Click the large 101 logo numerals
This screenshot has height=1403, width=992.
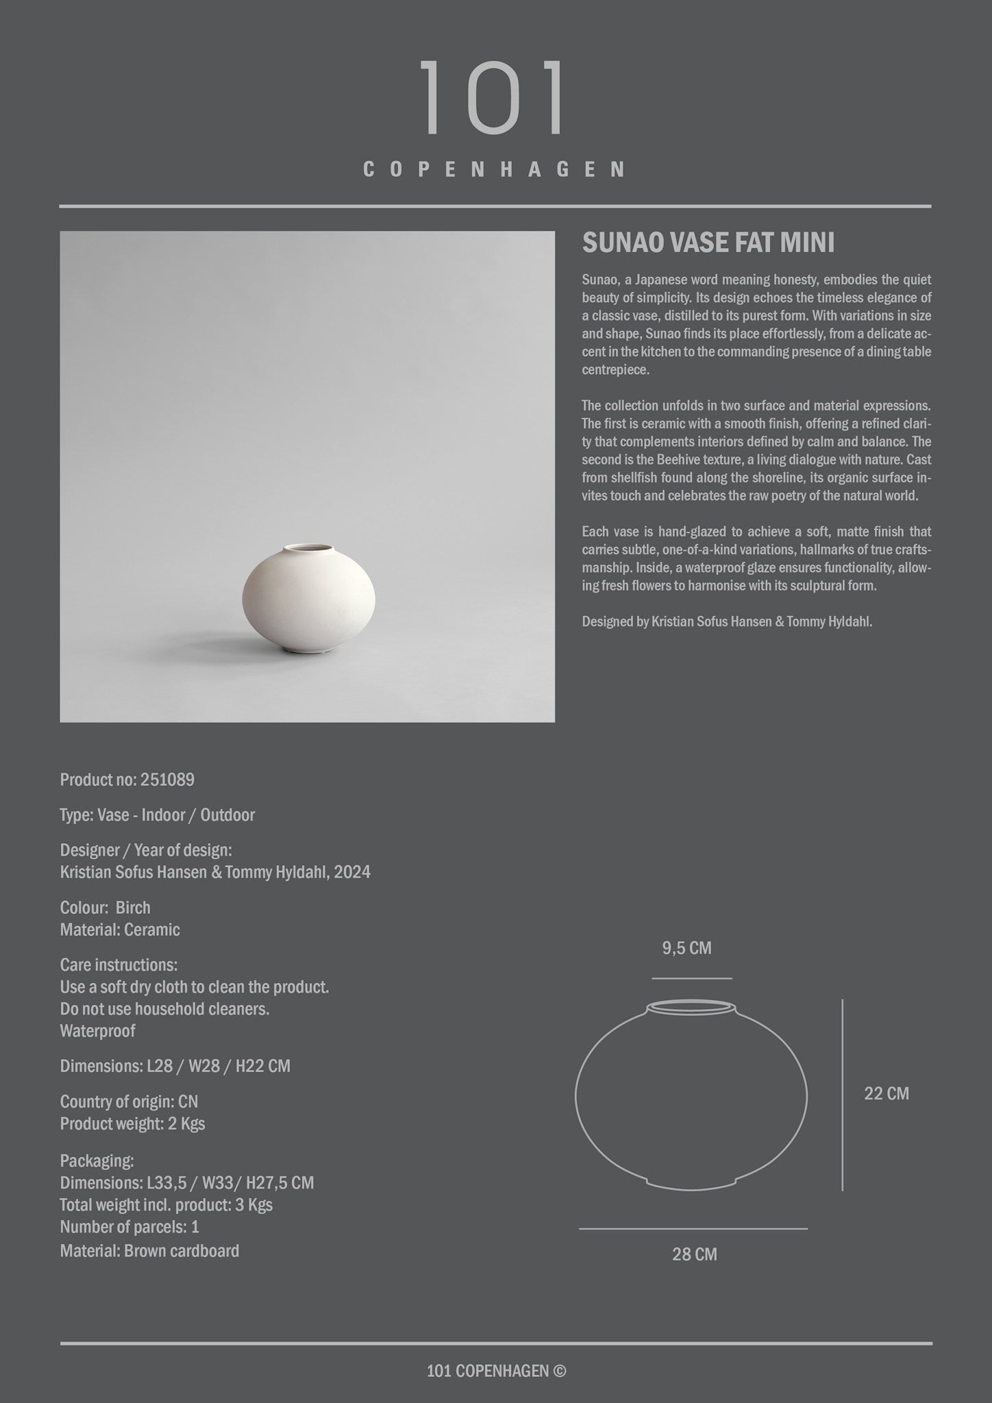pyautogui.click(x=491, y=98)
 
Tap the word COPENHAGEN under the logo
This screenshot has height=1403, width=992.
pyautogui.click(x=494, y=170)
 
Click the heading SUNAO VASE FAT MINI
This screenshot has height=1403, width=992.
pyautogui.click(x=708, y=243)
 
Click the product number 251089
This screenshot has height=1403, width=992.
pyautogui.click(x=167, y=780)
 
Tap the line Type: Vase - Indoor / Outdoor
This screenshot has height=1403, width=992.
pyautogui.click(x=157, y=815)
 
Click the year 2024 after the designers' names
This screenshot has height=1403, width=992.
pyautogui.click(x=352, y=872)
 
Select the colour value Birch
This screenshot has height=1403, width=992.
pyautogui.click(x=133, y=908)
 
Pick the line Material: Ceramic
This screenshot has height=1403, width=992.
pyautogui.click(x=120, y=930)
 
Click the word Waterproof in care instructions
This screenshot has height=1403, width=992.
pyautogui.click(x=97, y=1031)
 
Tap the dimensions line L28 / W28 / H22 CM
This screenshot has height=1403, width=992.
pyautogui.click(x=175, y=1067)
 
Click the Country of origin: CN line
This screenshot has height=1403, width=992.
pyautogui.click(x=129, y=1102)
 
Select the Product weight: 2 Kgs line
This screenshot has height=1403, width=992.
pyautogui.click(x=132, y=1123)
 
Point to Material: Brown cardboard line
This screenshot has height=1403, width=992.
pyautogui.click(x=149, y=1251)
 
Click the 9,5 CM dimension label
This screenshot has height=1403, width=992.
pyautogui.click(x=686, y=948)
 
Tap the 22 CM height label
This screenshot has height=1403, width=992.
pyautogui.click(x=886, y=1093)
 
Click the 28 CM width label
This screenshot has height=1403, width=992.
pyautogui.click(x=694, y=1254)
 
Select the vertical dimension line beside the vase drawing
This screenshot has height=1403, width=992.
pyautogui.click(x=842, y=1095)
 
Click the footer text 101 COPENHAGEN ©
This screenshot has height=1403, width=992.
pyautogui.click(x=496, y=1371)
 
